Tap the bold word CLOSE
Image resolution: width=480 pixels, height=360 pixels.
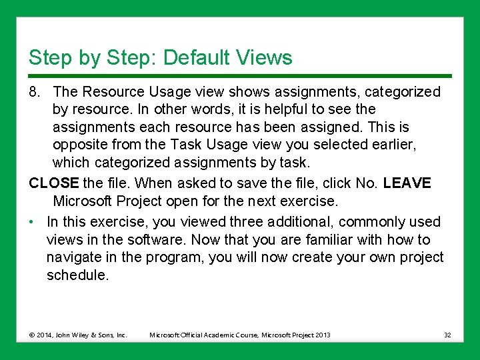pyautogui.click(x=54, y=183)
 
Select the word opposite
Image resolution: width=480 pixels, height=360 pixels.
pyautogui.click(x=79, y=145)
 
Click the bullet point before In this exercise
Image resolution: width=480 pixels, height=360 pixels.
pyautogui.click(x=32, y=222)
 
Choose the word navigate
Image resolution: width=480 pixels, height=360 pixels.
pyautogui.click(x=74, y=257)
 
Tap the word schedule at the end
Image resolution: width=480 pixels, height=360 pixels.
pyautogui.click(x=76, y=275)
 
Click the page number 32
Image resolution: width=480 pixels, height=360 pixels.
pyautogui.click(x=447, y=335)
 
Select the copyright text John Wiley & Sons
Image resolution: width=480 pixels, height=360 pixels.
pyautogui.click(x=87, y=335)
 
